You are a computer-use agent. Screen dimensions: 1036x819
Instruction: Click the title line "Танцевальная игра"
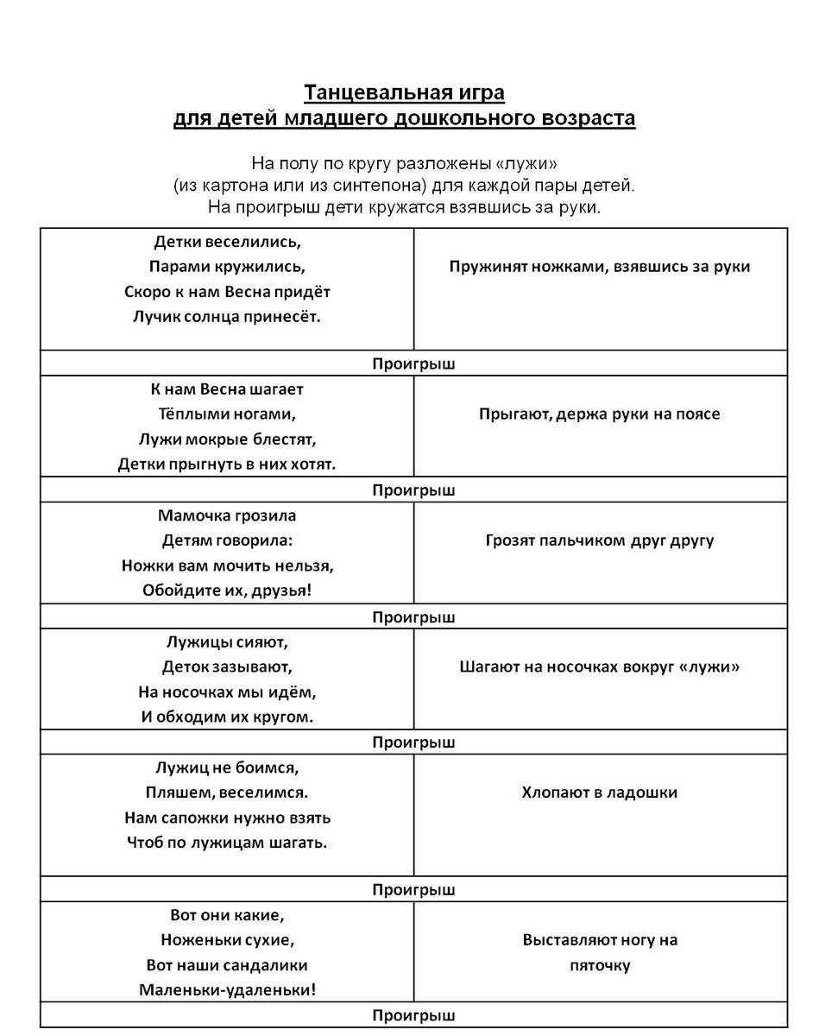pos(403,92)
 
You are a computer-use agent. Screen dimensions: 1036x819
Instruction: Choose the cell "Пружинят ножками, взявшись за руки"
pos(599,267)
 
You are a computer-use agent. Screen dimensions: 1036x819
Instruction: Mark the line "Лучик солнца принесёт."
pos(227,317)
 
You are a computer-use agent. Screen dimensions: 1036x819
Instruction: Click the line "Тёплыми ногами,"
pos(227,414)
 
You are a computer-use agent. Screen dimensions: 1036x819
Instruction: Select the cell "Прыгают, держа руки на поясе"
pos(599,414)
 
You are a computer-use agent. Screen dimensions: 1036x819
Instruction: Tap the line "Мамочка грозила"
pos(227,515)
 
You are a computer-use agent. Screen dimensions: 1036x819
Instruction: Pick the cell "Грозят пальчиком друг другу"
pos(599,541)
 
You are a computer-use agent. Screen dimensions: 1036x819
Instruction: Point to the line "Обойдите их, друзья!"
pos(227,591)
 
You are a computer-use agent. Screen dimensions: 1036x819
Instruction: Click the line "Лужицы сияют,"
pos(227,641)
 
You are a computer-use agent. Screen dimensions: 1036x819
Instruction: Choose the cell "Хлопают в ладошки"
pos(599,793)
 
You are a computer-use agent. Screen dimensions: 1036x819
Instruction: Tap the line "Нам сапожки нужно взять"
pos(227,818)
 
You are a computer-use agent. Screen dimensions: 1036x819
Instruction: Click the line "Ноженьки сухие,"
pos(227,940)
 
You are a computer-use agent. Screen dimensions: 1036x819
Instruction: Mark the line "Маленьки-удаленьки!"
pos(227,990)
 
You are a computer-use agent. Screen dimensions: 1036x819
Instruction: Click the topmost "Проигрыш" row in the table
pos(413,364)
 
